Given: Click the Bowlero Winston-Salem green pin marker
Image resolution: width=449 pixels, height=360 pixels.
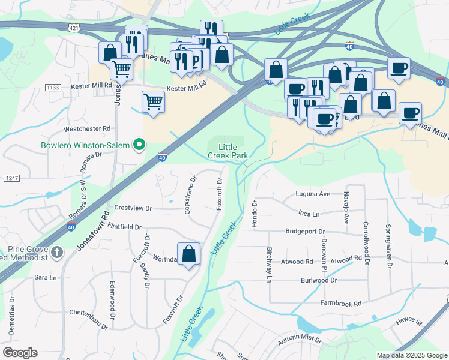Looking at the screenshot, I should point(140,145).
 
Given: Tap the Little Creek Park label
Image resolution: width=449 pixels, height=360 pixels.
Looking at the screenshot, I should point(228,151).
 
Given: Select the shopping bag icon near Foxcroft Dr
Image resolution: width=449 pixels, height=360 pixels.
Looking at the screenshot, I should point(189,254).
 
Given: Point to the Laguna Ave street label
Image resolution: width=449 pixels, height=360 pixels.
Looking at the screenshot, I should point(313,194).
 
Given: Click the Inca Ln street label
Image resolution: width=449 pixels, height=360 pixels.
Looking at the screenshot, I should point(309,213).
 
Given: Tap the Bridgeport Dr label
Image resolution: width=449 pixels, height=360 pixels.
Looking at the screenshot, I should point(304,231).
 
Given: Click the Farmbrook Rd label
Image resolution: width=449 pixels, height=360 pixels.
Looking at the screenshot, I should point(340,304).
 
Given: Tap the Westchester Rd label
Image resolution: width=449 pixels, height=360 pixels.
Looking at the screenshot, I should point(87,128).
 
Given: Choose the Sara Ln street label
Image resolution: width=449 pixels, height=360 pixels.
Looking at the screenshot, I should point(45,278).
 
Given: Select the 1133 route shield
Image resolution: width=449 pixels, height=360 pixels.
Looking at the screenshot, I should point(52,88).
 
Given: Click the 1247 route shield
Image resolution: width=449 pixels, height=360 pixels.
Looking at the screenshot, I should point(11,178).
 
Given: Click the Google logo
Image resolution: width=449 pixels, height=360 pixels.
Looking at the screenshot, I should point(20,353).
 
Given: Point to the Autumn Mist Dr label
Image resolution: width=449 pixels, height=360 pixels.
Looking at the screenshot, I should point(298,340).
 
